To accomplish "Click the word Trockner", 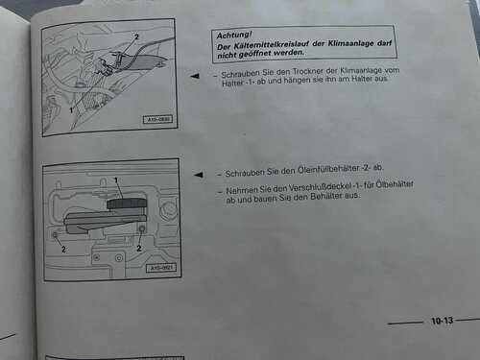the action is [307, 72].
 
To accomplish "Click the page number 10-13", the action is [442, 321].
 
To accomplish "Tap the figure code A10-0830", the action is [157, 120].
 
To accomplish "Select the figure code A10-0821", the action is [161, 268].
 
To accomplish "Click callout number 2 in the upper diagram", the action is [137, 37].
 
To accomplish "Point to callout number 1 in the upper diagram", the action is [71, 110].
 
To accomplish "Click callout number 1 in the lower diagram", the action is [116, 180].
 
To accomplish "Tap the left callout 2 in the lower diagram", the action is [63, 250].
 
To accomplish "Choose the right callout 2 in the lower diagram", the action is [139, 248].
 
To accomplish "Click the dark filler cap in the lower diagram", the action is [126, 204].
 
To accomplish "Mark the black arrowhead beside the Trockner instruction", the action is [195, 76].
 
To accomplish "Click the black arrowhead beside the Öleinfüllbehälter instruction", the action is [199, 175].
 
